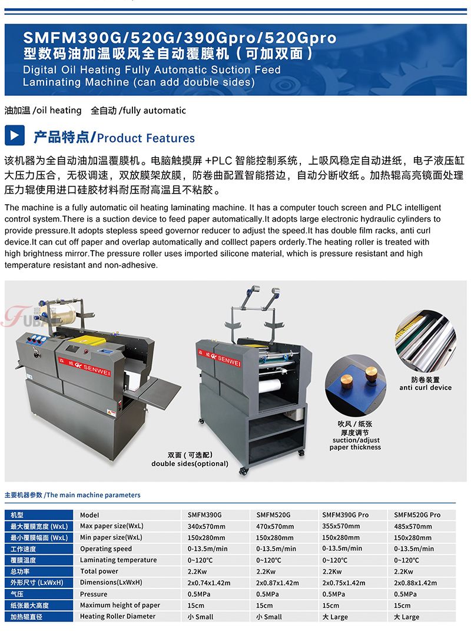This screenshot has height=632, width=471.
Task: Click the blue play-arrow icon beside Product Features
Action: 15,135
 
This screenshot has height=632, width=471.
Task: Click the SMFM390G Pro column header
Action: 345,515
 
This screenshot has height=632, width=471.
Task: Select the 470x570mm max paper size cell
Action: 274,526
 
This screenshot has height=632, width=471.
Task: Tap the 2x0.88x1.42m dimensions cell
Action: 415,583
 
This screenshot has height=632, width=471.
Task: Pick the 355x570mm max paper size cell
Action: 341,526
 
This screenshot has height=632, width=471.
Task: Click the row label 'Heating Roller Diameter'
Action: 118,616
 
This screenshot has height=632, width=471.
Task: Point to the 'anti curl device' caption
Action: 426,387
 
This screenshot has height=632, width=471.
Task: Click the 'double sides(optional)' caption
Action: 190,464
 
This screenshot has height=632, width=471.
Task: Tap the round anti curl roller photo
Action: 425,340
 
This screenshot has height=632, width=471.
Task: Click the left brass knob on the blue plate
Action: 346,380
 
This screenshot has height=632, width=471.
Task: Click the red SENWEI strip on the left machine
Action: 84,366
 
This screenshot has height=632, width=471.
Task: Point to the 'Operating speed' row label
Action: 105,548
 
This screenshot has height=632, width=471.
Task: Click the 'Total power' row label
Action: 99,571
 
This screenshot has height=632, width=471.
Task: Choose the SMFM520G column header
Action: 273,515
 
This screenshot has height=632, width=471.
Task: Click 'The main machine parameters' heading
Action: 94,495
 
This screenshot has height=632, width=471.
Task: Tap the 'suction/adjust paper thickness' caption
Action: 355,443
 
